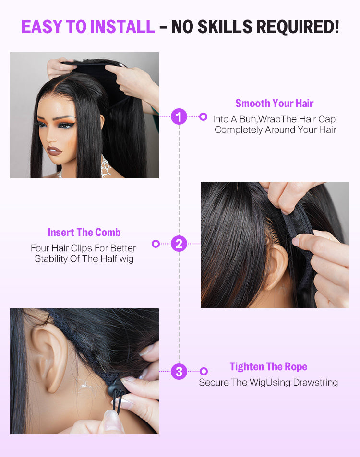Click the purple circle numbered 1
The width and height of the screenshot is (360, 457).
pyautogui.click(x=179, y=117)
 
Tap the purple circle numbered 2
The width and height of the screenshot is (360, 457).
pyautogui.click(x=179, y=244)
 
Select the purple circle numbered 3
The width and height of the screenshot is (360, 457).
pyautogui.click(x=179, y=371)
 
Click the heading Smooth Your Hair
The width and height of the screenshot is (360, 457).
pyautogui.click(x=274, y=103)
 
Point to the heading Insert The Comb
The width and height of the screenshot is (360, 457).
pyautogui.click(x=84, y=232)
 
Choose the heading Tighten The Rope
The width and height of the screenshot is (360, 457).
pyautogui.click(x=268, y=366)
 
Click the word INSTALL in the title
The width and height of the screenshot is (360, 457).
pyautogui.click(x=122, y=26)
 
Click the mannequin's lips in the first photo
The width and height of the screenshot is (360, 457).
pyautogui.click(x=54, y=151)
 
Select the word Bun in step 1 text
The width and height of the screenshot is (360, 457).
pyautogui.click(x=247, y=119)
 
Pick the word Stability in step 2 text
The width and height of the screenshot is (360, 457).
pyautogui.click(x=51, y=259)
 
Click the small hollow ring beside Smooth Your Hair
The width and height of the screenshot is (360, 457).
pyautogui.click(x=204, y=117)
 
